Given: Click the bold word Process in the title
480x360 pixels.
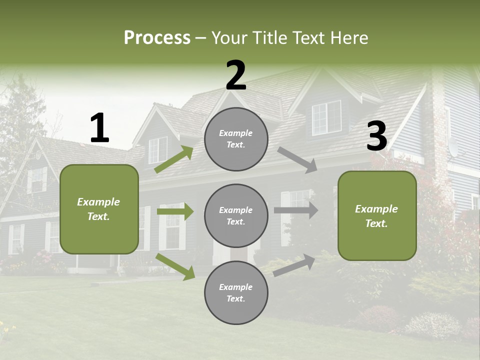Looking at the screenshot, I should pyautogui.click(x=157, y=38).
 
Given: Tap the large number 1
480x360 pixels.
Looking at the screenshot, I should pyautogui.click(x=99, y=128).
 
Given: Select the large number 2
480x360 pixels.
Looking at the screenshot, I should pyautogui.click(x=236, y=75).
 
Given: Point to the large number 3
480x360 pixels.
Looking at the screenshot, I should pyautogui.click(x=377, y=136).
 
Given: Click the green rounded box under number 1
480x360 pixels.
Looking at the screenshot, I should pyautogui.click(x=99, y=209).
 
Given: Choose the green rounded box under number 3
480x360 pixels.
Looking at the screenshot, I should pyautogui.click(x=377, y=215).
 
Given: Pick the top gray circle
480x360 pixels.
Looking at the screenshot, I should pyautogui.click(x=236, y=139).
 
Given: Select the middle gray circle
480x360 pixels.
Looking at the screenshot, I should pyautogui.click(x=236, y=215).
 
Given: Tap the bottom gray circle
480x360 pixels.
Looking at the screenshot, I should pyautogui.click(x=236, y=292).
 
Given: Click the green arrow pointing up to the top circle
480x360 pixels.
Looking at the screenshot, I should pyautogui.click(x=174, y=159).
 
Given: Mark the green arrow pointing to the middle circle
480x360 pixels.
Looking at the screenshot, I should pyautogui.click(x=175, y=211).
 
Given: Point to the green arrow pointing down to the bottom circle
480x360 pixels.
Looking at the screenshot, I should pyautogui.click(x=175, y=266).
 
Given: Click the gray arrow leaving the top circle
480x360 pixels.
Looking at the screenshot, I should pyautogui.click(x=297, y=160).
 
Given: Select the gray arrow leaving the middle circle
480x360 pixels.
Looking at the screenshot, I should pyautogui.click(x=296, y=210).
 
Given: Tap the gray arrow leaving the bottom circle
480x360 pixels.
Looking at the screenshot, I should pyautogui.click(x=294, y=265).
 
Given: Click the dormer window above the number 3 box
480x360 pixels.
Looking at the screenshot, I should pyautogui.click(x=326, y=117).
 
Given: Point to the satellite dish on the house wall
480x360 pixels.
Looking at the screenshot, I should pyautogui.click(x=453, y=147).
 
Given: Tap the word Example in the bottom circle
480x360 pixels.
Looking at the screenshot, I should pyautogui.click(x=235, y=287).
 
